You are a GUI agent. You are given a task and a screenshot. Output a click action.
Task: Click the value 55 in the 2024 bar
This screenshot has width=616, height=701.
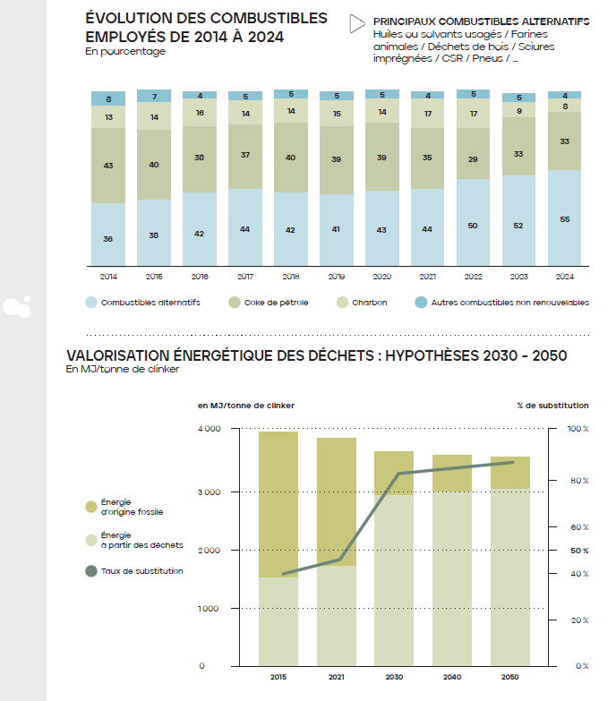[x=564, y=219]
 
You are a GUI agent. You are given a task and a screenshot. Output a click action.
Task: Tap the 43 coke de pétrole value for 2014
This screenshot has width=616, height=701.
[x=108, y=166]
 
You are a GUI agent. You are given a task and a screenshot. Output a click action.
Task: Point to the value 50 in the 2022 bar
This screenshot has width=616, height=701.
[x=473, y=226]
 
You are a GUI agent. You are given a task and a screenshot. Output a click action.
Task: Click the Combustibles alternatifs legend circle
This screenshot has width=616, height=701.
[x=91, y=303]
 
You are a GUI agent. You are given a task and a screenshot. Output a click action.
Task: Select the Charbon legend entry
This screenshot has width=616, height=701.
[x=369, y=303]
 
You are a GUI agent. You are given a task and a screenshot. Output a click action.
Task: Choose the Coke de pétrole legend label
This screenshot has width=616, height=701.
[x=275, y=303]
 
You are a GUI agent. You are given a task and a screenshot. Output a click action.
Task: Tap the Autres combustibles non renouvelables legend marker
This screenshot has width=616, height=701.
[x=420, y=303]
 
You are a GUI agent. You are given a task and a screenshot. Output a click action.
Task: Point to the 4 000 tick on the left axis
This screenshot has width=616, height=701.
[x=208, y=429]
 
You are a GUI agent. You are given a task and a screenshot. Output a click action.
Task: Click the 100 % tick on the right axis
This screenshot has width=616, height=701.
[x=578, y=429]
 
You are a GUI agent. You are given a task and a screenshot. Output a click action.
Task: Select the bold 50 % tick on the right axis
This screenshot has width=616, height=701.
[x=578, y=551]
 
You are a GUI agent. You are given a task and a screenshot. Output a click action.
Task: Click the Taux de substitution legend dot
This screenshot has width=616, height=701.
[x=90, y=571]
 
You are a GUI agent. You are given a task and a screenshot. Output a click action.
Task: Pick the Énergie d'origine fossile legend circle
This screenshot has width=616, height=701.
[x=90, y=507]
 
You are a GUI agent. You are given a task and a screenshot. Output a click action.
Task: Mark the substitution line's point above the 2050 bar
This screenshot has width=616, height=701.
[x=511, y=462]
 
